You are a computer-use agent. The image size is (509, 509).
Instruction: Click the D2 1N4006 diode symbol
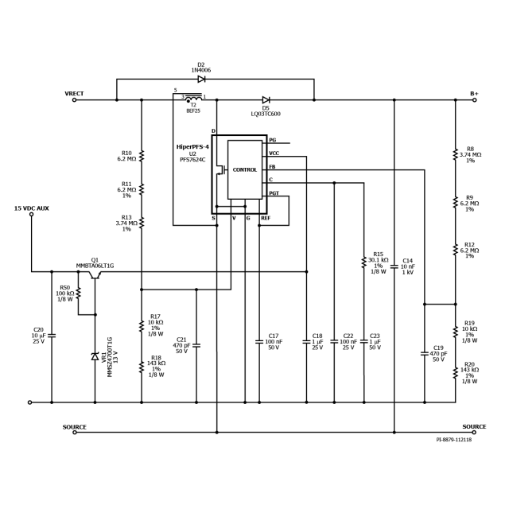[201, 79]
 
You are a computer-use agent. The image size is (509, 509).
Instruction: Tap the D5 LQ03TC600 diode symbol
[266, 100]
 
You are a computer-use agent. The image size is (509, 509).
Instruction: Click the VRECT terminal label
[74, 94]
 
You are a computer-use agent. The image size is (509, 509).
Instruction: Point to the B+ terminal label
[474, 94]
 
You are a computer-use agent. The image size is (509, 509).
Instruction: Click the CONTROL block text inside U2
[244, 169]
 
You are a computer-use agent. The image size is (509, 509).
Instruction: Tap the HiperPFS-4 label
[192, 147]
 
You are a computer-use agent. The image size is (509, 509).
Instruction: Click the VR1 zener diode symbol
[95, 356]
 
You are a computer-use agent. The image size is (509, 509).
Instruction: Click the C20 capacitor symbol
[52, 335]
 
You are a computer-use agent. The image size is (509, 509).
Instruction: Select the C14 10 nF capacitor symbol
[394, 266]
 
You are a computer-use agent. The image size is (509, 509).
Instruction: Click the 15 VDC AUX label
[32, 208]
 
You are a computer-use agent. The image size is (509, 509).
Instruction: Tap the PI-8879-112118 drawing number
[453, 439]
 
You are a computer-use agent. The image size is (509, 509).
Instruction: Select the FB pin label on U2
[273, 167]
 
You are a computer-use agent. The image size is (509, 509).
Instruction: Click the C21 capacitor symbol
[197, 344]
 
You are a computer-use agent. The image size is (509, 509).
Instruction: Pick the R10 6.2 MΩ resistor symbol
[142, 155]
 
